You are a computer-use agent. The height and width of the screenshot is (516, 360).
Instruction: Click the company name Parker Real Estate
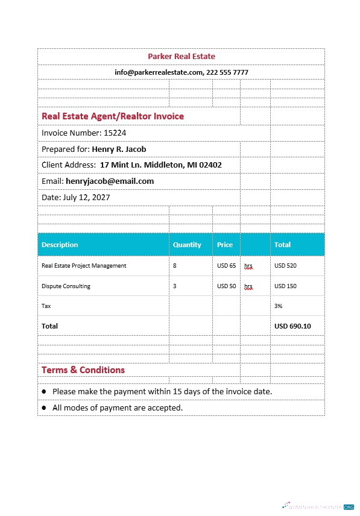point(181,57)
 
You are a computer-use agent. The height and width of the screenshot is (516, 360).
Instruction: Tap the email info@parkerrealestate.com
point(158,72)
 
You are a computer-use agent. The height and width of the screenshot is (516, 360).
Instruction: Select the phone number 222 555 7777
point(227,72)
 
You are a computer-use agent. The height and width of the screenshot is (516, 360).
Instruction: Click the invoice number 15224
point(115,133)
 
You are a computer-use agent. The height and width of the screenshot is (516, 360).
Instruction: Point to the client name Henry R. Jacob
point(119,149)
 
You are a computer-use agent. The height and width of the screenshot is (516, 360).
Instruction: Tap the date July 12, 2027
point(86,197)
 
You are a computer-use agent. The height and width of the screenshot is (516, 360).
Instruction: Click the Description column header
point(60,245)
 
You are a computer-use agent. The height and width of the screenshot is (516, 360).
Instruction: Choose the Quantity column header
point(187,245)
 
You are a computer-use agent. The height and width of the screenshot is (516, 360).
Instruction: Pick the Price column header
point(225,245)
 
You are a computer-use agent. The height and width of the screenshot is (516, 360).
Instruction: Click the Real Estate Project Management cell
point(84,265)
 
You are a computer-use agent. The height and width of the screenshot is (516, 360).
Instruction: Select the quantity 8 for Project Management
point(175,265)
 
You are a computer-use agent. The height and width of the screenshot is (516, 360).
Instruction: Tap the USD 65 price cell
point(226,265)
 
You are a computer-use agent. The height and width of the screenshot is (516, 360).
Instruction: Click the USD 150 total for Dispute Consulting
point(285,286)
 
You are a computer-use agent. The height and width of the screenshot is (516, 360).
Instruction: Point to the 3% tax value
point(279,306)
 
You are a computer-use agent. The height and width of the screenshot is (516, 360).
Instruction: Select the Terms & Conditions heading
point(83,370)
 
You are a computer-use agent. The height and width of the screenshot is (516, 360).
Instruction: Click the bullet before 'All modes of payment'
point(44,408)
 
